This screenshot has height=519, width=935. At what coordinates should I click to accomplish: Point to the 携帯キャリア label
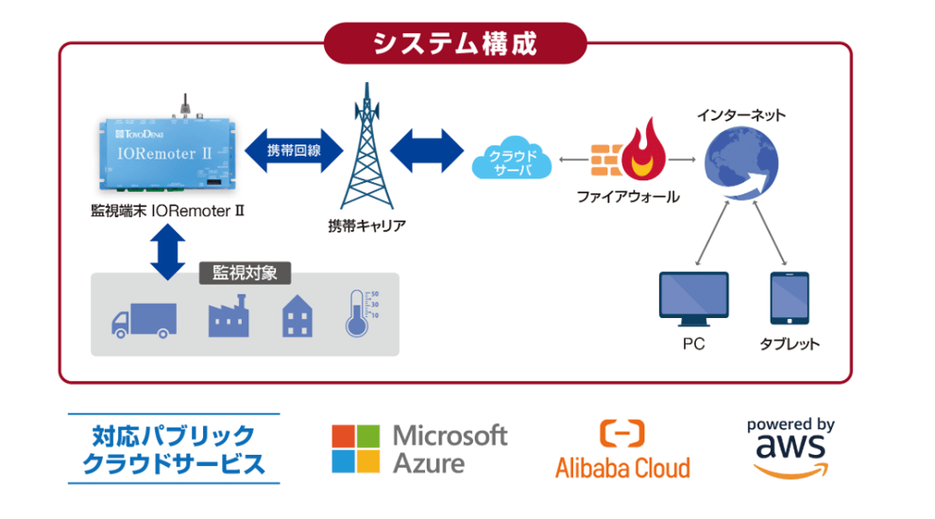(367, 226)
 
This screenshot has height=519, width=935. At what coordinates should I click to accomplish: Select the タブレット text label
(790, 344)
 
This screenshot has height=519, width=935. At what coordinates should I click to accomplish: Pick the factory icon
(227, 315)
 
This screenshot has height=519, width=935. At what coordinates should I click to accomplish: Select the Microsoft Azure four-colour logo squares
(355, 448)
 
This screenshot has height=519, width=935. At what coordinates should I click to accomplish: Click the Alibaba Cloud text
(622, 467)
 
